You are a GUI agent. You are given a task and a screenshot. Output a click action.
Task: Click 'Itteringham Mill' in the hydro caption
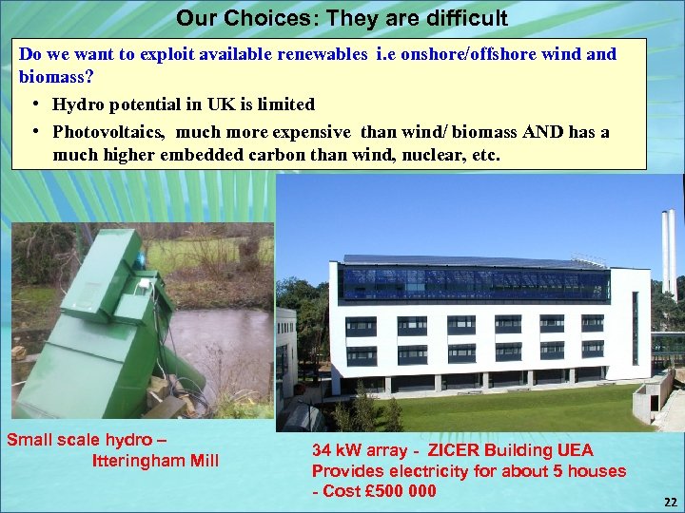155,461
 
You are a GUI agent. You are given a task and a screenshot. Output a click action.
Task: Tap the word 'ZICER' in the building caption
460,449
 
